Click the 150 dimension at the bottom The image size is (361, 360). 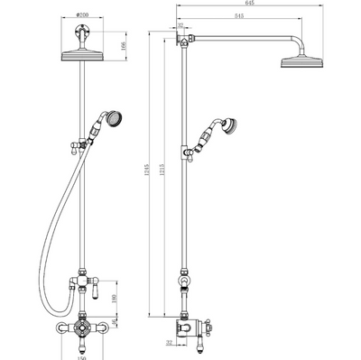tap(82, 354)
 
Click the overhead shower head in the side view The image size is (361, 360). tap(302, 63)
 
